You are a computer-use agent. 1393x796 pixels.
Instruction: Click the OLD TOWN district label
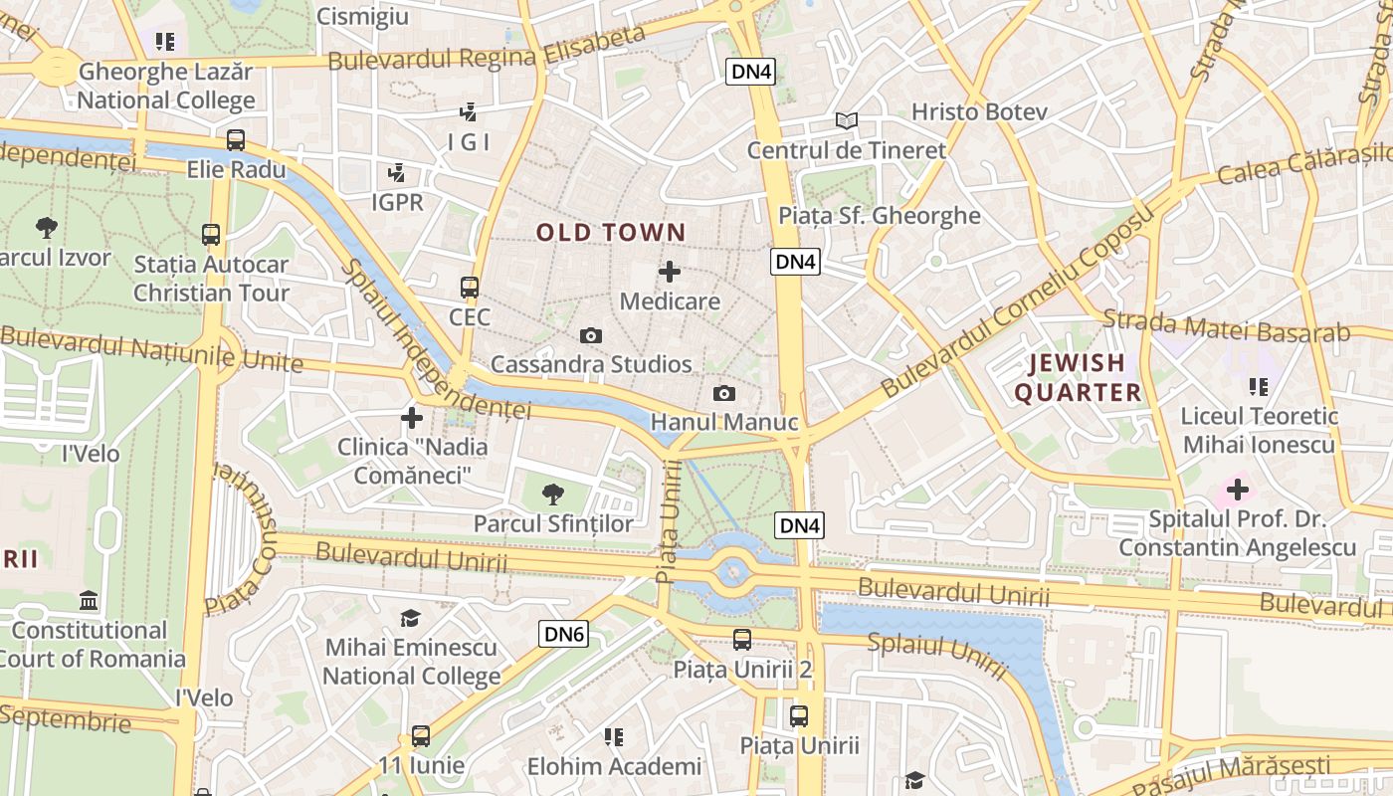point(611,233)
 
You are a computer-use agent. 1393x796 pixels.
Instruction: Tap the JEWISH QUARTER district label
point(1078,377)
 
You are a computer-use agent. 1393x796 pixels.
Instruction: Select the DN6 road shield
point(564,634)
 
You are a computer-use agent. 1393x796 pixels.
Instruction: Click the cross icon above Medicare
point(670,271)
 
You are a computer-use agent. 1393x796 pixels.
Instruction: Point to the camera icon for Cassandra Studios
point(591,336)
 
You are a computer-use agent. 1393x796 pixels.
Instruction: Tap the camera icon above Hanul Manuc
point(724,394)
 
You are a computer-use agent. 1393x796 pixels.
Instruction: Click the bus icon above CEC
point(470,288)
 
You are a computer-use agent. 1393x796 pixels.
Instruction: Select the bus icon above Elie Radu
point(236,140)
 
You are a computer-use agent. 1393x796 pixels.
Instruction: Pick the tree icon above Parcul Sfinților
point(552,494)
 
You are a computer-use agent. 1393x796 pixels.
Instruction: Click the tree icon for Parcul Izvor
point(46,228)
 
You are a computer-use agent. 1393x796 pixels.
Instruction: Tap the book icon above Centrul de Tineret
point(846,121)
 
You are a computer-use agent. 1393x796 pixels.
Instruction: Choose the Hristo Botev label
point(979,111)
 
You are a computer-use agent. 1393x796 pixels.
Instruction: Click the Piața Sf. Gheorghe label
point(880,216)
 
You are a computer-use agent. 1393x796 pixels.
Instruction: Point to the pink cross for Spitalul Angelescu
point(1237,490)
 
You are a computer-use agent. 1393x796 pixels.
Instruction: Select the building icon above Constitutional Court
point(89,601)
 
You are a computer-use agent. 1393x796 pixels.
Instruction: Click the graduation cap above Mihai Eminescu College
point(410,619)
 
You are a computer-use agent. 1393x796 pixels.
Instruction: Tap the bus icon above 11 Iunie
point(421,736)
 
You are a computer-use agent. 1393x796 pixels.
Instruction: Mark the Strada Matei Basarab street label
point(1226,326)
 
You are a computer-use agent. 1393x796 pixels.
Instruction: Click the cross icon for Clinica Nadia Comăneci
point(411,418)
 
